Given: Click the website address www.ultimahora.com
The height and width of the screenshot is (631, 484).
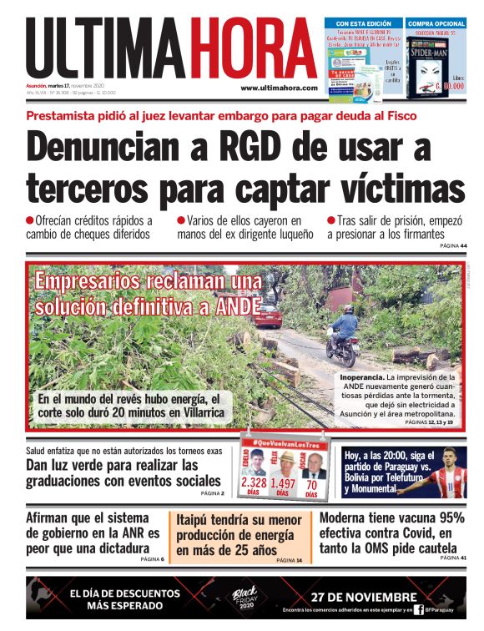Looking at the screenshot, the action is click(279, 88).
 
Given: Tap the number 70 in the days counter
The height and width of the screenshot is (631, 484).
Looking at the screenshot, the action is click(312, 483).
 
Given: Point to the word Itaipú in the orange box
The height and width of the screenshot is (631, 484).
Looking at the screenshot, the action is click(196, 520).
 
